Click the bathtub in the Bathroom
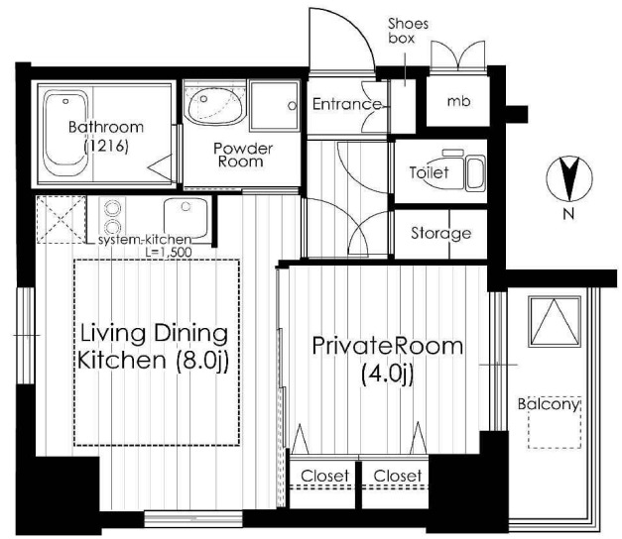pyautogui.click(x=65, y=133)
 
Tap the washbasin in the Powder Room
pyautogui.click(x=215, y=105)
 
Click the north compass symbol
pyautogui.click(x=569, y=178)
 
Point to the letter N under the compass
pyautogui.click(x=568, y=214)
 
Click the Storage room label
pyautogui.click(x=440, y=233)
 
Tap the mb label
pyautogui.click(x=459, y=101)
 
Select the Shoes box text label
pyautogui.click(x=408, y=31)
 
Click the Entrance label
pyautogui.click(x=347, y=104)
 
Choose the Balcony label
pyautogui.click(x=550, y=404)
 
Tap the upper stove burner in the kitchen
pyautogui.click(x=112, y=207)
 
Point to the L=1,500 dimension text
pyautogui.click(x=169, y=252)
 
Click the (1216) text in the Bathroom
pyautogui.click(x=106, y=147)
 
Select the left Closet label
pyautogui.click(x=324, y=476)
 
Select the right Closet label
pyautogui.click(x=398, y=476)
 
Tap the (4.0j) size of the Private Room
pyautogui.click(x=387, y=374)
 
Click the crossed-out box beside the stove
pyautogui.click(x=61, y=220)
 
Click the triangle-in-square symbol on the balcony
pyautogui.click(x=555, y=321)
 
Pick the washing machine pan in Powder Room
pyautogui.click(x=274, y=106)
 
